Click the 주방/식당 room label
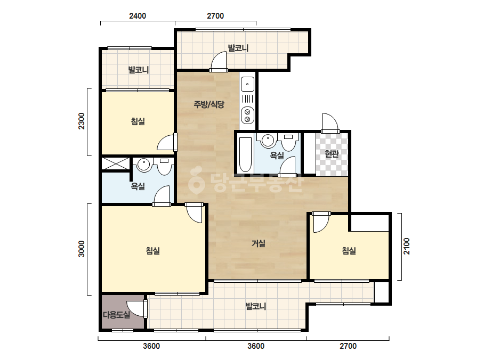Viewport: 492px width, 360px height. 209,104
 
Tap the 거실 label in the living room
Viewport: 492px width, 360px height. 259,243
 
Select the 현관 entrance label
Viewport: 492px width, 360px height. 332,154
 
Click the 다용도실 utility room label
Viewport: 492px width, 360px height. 116,315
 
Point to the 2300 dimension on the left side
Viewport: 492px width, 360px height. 81,121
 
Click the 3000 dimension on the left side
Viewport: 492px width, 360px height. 81,249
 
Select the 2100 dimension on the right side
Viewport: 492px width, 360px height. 406,246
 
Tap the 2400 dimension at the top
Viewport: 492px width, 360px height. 138,15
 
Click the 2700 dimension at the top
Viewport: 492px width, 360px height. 215,15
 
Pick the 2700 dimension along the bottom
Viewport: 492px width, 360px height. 348,346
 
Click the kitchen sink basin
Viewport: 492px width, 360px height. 247,84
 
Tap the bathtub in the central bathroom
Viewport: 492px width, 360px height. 245,154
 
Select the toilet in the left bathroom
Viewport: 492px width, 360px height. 164,166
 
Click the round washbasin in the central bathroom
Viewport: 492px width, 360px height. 268,141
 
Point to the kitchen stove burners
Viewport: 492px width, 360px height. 247,115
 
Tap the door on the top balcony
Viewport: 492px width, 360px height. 219,61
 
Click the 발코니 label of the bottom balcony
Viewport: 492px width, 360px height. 256,306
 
